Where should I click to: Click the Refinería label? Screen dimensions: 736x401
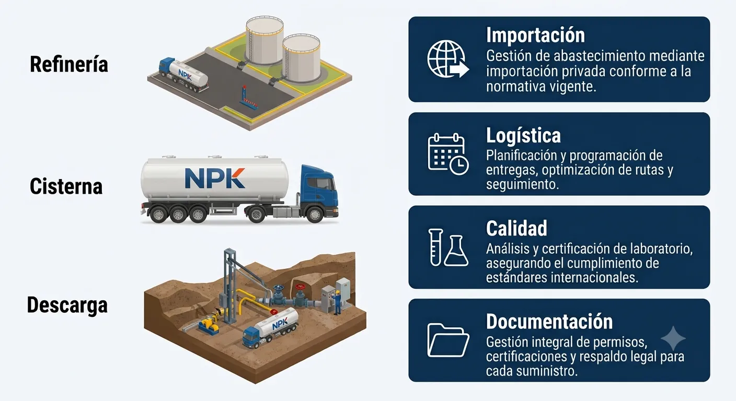pyautogui.click(x=69, y=64)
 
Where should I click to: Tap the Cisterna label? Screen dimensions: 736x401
pyautogui.click(x=66, y=186)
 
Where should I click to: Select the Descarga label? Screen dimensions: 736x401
pyautogui.click(x=67, y=305)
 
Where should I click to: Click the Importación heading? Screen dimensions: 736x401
pyautogui.click(x=536, y=35)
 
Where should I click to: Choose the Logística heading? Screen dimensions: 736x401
pyautogui.click(x=523, y=136)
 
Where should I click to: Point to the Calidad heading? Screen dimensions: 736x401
pyautogui.click(x=516, y=228)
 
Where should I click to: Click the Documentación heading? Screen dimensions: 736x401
pyautogui.click(x=549, y=321)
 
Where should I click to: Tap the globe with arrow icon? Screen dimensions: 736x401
pyautogui.click(x=448, y=59)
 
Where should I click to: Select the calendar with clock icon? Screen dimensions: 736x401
pyautogui.click(x=448, y=154)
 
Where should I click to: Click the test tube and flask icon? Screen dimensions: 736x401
pyautogui.click(x=448, y=247)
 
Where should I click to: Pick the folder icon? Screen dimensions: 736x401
pyautogui.click(x=448, y=340)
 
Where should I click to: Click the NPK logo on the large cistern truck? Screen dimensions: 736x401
pyautogui.click(x=215, y=178)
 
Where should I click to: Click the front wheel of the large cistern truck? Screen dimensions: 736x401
pyautogui.click(x=315, y=214)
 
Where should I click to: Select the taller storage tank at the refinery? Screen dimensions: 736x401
pyautogui.click(x=264, y=41)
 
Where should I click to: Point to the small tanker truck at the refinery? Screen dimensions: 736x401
pyautogui.click(x=183, y=75)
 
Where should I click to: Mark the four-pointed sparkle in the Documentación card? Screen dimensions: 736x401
pyautogui.click(x=673, y=338)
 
